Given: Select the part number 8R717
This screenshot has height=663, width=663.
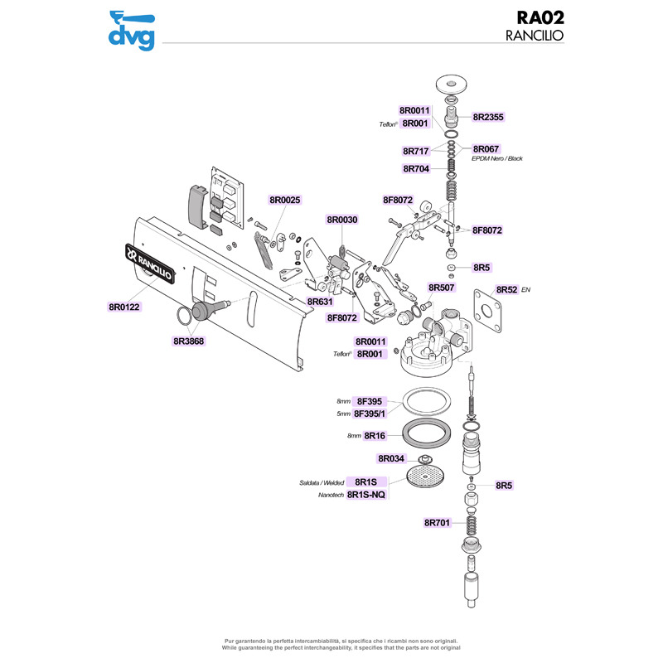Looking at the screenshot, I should pyautogui.click(x=414, y=152).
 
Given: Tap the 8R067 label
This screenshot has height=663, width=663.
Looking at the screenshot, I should pyautogui.click(x=486, y=149).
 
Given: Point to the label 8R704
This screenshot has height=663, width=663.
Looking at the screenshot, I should pyautogui.click(x=414, y=169).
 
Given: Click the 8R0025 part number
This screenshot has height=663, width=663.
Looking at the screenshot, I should pyautogui.click(x=284, y=200).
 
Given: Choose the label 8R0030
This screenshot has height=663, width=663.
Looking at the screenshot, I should pyautogui.click(x=341, y=220).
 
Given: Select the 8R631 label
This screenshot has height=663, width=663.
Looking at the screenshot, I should pyautogui.click(x=320, y=302).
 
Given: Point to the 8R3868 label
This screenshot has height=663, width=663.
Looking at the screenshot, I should pyautogui.click(x=189, y=341).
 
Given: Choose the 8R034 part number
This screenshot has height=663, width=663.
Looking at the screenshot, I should pyautogui.click(x=391, y=458).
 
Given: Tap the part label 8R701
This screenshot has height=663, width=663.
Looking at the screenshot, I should pyautogui.click(x=437, y=523).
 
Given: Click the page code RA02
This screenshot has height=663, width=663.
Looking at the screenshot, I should pyautogui.click(x=539, y=18).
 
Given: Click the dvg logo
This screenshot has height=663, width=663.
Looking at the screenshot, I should pyautogui.click(x=133, y=30).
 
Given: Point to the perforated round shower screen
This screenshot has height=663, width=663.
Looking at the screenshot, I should pyautogui.click(x=427, y=478).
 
